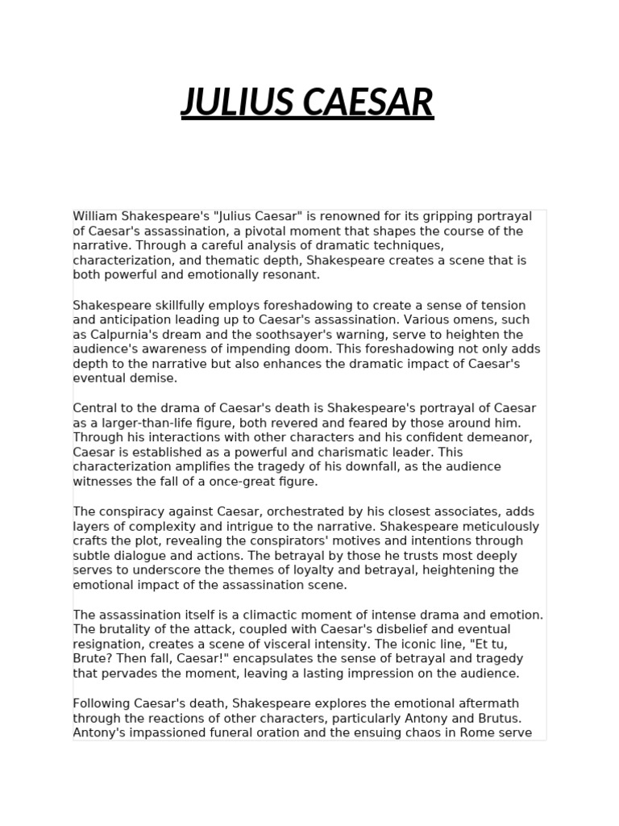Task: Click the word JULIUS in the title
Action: [x=235, y=102]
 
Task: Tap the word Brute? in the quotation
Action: [x=93, y=658]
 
